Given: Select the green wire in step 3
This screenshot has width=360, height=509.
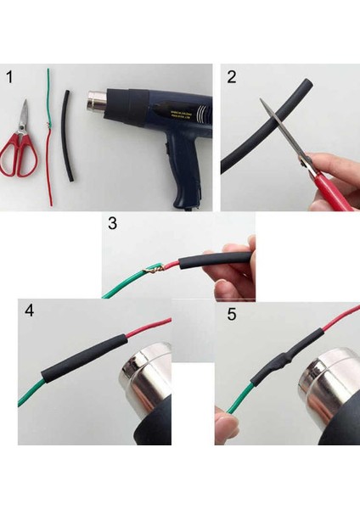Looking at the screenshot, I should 127,282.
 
